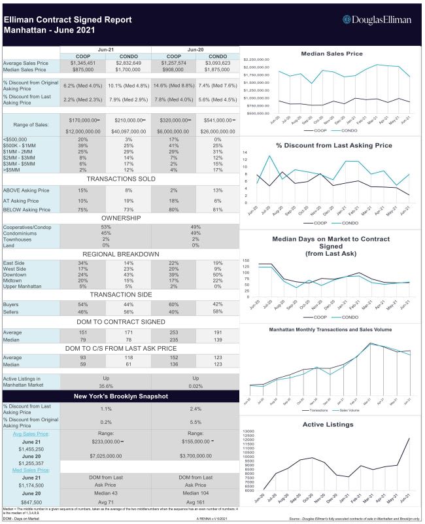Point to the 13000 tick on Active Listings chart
point(252,432)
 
